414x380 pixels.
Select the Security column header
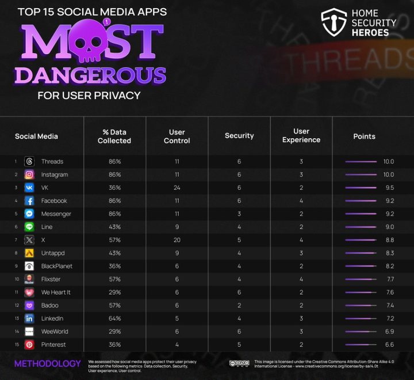239,136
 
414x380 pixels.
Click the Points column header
364,136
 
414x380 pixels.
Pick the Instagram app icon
29,174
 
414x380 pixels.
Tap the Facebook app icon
29,201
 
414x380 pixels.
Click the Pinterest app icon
29,344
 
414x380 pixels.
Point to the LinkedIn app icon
29,318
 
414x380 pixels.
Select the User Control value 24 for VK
177,188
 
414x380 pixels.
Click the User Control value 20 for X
177,240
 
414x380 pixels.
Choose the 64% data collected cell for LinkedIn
114,318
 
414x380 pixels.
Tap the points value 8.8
389,240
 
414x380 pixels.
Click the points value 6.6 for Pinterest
389,344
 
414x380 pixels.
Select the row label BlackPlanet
56,266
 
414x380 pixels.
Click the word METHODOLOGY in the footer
47,364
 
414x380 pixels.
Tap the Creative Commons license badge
239,364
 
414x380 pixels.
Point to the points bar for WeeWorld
361,332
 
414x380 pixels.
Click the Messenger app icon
29,214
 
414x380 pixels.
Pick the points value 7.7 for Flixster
389,279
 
